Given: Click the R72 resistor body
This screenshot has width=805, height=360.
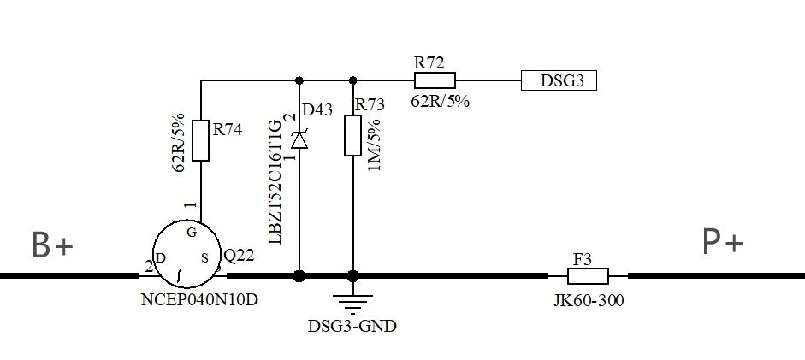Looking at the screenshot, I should (435, 81).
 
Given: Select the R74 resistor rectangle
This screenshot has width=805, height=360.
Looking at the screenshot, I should (200, 141).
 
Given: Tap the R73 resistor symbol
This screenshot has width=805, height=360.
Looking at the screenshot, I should (352, 136).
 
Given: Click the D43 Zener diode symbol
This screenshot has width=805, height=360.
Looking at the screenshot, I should (299, 139).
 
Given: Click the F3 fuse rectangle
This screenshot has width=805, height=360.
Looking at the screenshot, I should (588, 276).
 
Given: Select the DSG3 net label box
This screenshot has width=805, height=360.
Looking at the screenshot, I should (559, 81).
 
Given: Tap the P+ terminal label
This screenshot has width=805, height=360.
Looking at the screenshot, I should (723, 244).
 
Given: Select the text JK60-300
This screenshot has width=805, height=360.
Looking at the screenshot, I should (588, 301).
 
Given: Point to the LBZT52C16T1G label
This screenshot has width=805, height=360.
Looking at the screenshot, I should (275, 181).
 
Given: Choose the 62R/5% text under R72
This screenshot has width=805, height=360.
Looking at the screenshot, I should (441, 101).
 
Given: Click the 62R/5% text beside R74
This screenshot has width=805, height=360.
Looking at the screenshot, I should (180, 142).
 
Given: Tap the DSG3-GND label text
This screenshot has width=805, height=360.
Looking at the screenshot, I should (352, 327).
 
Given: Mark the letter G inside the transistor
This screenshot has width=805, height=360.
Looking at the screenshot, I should (192, 231).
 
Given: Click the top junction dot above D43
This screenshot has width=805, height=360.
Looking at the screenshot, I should (299, 81).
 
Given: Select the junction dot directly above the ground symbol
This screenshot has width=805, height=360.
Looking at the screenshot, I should (352, 276).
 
